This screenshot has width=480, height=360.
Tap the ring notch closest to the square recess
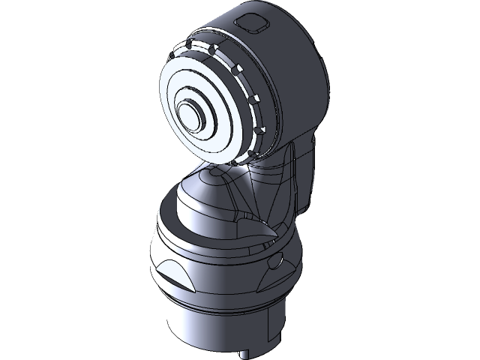[x=218, y=47]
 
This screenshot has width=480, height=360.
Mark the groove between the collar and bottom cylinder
[x=217, y=306]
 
